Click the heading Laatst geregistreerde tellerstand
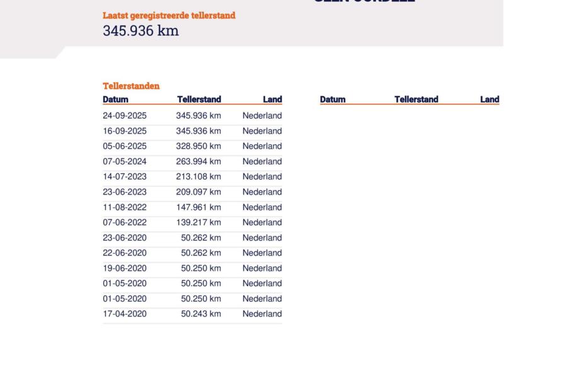click(x=169, y=16)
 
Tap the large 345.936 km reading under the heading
click(x=140, y=30)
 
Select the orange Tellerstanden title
click(x=131, y=86)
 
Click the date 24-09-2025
click(x=125, y=116)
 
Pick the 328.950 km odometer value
click(x=198, y=146)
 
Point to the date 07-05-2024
click(x=125, y=161)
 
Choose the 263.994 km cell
click(x=198, y=161)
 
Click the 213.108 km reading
click(x=198, y=176)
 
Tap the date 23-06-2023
click(x=125, y=192)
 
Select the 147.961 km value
click(x=198, y=207)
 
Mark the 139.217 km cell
click(x=198, y=222)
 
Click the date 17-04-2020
click(x=125, y=314)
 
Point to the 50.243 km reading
click(x=201, y=314)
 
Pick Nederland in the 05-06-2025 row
click(x=262, y=146)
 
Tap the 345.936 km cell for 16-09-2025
click(x=198, y=131)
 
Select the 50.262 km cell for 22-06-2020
click(x=201, y=253)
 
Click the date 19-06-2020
click(x=125, y=268)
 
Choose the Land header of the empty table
click(x=490, y=100)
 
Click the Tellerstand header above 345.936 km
click(x=199, y=100)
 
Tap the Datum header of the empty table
click(x=333, y=100)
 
